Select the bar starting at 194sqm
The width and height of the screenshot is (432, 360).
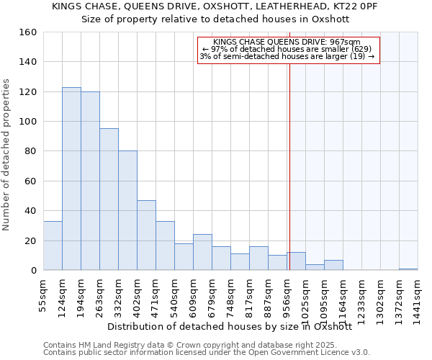90,181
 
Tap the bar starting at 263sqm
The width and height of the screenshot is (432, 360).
109,199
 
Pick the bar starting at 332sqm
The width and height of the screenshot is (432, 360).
127,210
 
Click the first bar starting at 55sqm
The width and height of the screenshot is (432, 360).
53,246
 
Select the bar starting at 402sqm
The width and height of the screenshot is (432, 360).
146,235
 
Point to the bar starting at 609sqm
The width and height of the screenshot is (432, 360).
202,252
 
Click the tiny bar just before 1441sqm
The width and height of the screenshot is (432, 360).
408,269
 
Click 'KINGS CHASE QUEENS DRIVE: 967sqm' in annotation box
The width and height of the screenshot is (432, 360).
287,42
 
